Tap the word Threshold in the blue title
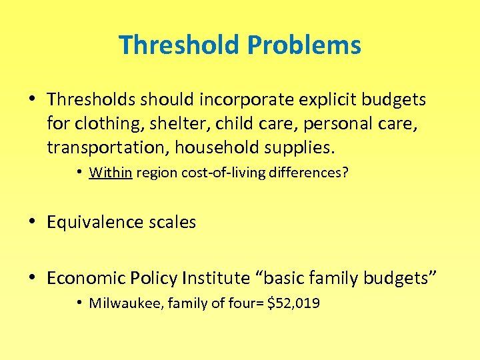[179, 45]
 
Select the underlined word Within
[111, 173]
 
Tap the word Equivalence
[92, 222]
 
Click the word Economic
[82, 277]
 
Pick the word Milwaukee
[125, 304]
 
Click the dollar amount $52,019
[293, 304]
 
